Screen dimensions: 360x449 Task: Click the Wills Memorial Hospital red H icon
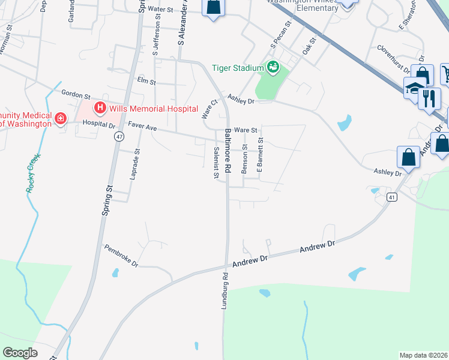[100, 109]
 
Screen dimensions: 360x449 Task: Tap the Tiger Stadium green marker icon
[274, 67]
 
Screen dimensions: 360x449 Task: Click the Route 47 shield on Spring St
[119, 137]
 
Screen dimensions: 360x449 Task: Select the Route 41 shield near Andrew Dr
[391, 197]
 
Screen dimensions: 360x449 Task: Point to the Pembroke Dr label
[121, 255]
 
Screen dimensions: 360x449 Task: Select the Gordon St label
[76, 95]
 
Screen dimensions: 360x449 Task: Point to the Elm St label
[146, 80]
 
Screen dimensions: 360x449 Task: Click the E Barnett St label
[261, 155]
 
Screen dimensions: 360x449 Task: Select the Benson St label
[245, 158]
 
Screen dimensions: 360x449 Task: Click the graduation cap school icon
[414, 88]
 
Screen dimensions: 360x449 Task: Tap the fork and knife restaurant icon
[429, 98]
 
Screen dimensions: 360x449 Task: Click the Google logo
[20, 353]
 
